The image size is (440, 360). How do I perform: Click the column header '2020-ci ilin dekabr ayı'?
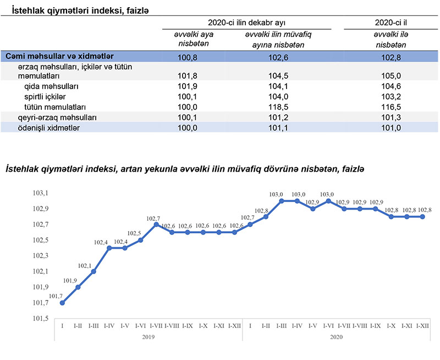click(246, 23)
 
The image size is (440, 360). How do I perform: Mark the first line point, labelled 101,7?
click(63, 303)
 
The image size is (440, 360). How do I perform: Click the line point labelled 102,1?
click(94, 271)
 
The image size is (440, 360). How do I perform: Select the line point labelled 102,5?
click(141, 240)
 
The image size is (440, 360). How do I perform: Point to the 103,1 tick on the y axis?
click(41, 193)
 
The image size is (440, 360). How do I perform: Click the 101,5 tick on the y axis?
click(41, 319)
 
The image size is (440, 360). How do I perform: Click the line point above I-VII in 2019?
click(156, 225)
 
